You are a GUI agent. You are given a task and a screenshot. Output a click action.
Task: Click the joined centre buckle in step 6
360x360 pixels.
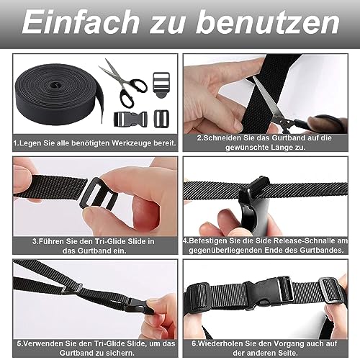[256, 294]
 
